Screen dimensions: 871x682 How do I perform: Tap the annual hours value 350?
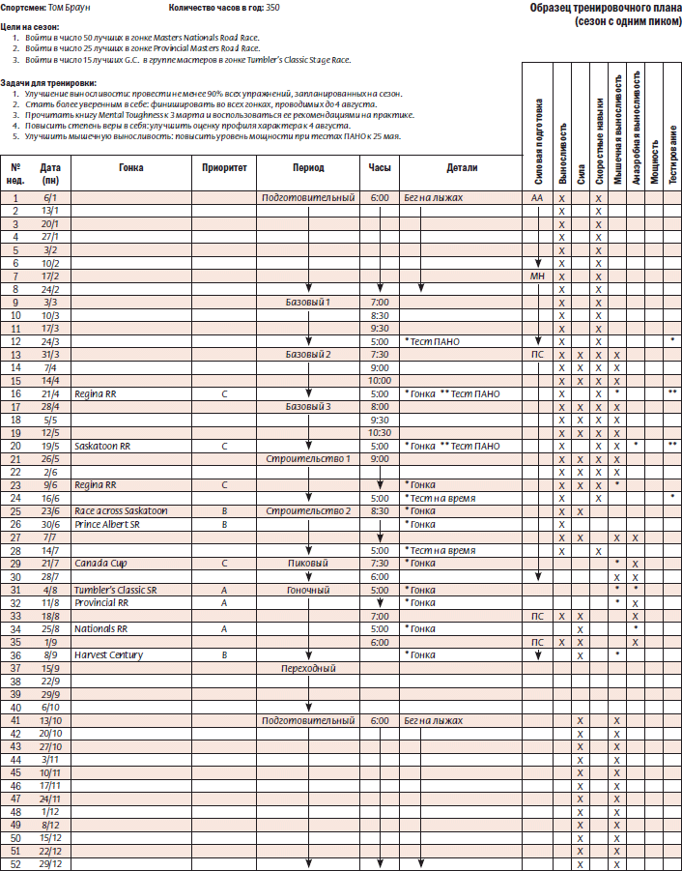point(273,8)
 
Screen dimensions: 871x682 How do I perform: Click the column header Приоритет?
point(224,167)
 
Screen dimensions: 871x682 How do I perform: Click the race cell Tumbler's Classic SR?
point(116,590)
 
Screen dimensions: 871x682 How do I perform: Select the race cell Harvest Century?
point(108,654)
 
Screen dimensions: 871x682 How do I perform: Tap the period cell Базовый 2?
point(308,354)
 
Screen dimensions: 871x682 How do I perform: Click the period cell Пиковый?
point(308,564)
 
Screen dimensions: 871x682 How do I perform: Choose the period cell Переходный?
point(308,668)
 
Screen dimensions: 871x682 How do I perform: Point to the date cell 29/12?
point(49,864)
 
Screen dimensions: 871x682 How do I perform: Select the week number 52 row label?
point(15,864)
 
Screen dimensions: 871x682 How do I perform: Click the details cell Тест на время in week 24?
point(442,498)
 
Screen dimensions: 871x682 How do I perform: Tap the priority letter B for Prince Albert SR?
point(224,524)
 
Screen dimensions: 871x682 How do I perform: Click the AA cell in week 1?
point(537,197)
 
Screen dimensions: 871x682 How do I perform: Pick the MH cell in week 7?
point(537,276)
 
